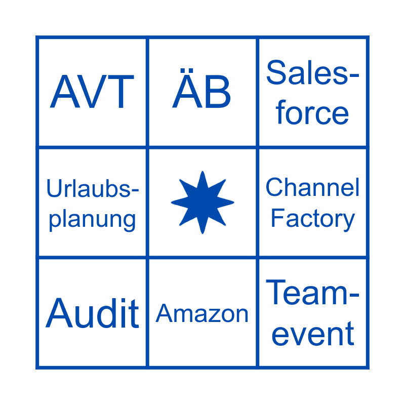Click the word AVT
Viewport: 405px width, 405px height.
(92, 92)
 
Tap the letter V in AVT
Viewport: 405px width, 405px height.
(92, 92)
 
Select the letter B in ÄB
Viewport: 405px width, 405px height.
(217, 93)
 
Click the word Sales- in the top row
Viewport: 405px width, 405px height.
(312, 72)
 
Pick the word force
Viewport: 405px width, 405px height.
(312, 112)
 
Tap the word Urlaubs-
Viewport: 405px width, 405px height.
(92, 189)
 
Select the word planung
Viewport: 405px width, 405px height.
(92, 220)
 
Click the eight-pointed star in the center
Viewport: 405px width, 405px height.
(202, 202)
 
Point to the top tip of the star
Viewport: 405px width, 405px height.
(202, 173)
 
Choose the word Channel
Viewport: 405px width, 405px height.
(312, 188)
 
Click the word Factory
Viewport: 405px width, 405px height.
(312, 219)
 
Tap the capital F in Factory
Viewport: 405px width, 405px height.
(276, 219)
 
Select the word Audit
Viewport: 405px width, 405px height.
(92, 313)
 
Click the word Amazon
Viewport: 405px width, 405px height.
(202, 314)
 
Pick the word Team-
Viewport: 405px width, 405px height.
(312, 293)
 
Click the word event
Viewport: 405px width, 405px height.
(312, 334)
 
